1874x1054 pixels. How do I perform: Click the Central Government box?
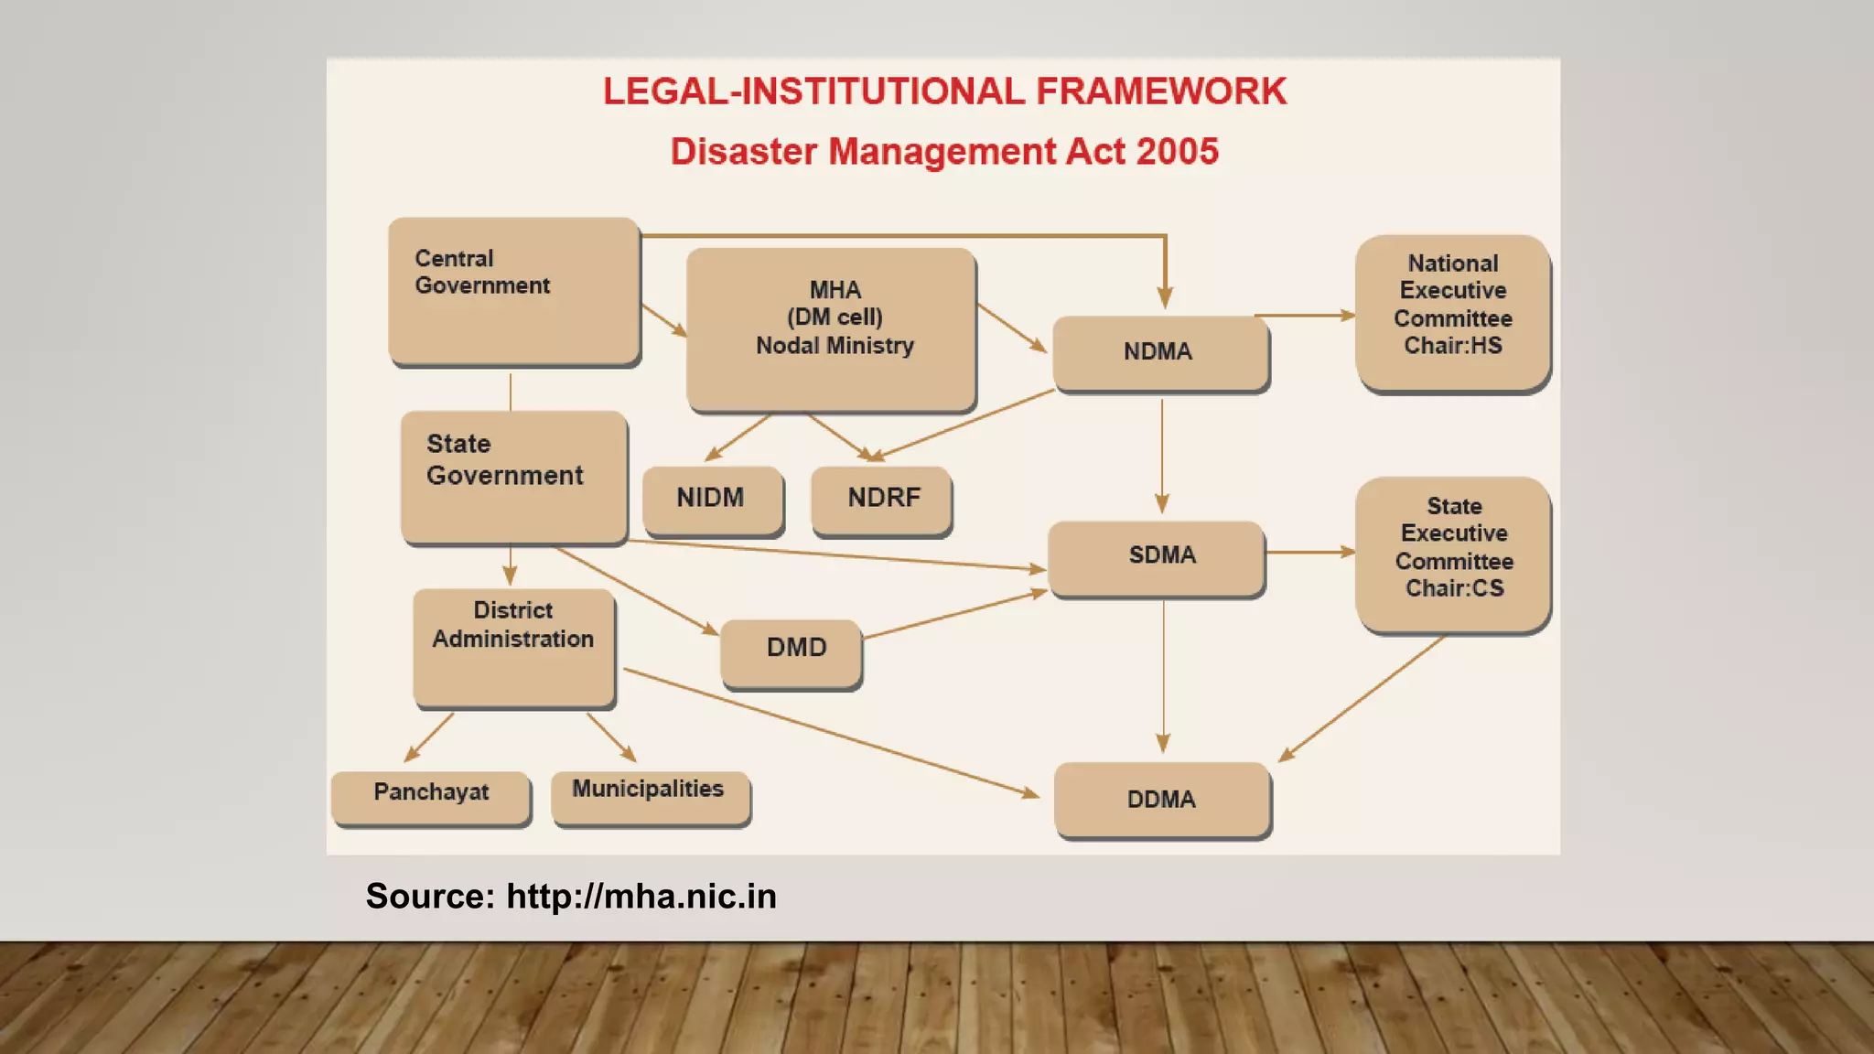click(513, 291)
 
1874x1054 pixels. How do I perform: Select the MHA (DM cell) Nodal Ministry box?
click(831, 329)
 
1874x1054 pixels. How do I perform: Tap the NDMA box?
click(1159, 352)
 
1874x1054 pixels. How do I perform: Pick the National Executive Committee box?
click(1452, 312)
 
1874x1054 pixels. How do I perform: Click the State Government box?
click(513, 476)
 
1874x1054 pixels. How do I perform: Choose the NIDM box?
click(712, 499)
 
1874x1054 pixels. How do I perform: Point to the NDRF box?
click(882, 499)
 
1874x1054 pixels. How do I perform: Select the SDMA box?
click(1158, 557)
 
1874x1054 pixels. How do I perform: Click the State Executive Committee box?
click(1452, 553)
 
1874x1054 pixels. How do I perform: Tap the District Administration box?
click(513, 646)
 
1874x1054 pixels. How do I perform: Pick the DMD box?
click(792, 651)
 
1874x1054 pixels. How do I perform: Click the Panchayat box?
click(430, 796)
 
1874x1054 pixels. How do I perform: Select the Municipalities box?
click(650, 796)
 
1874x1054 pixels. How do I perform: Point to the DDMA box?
click(1161, 799)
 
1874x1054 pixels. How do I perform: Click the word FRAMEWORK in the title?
click(1161, 91)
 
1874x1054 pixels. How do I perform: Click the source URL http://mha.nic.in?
click(641, 897)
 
